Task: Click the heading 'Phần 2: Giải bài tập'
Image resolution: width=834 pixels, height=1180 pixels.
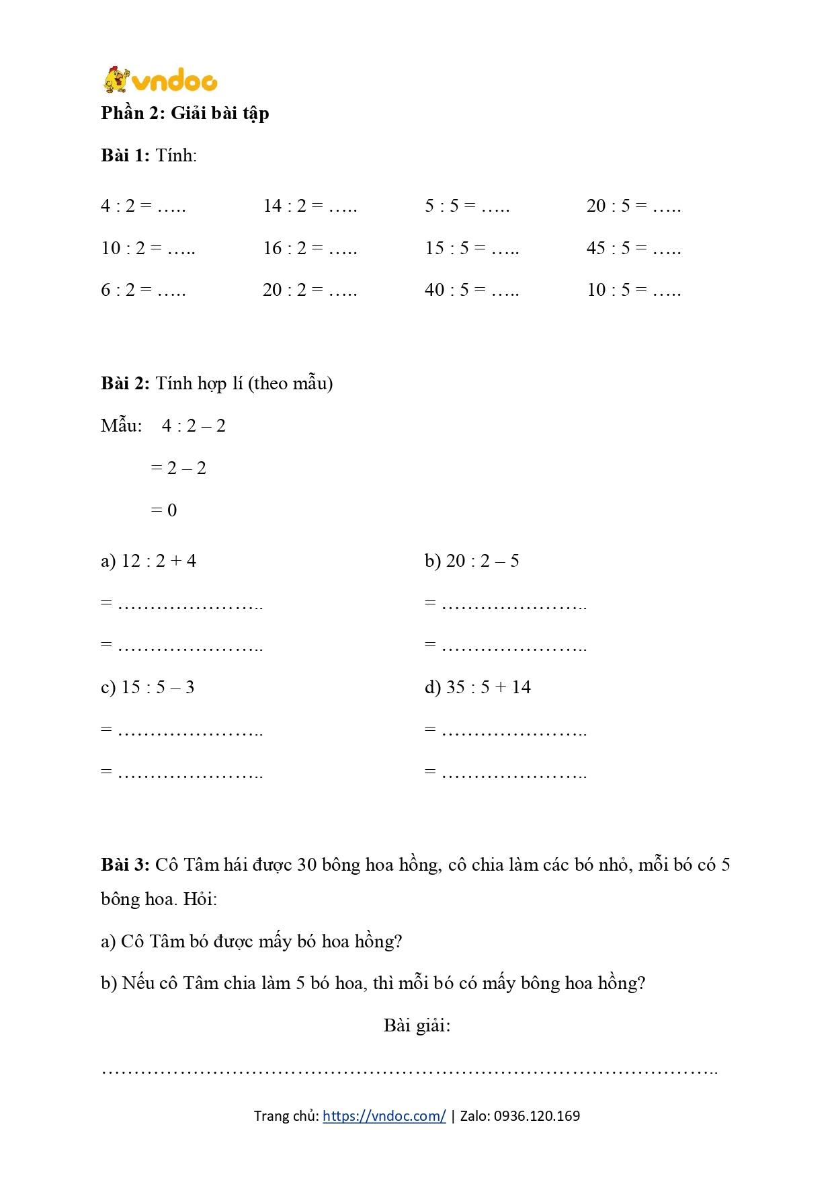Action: point(185,113)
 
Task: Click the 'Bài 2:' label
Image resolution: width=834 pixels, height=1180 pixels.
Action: point(125,383)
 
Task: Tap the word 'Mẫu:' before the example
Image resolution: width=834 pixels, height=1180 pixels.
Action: point(122,426)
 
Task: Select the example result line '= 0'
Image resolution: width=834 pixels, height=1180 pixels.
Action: point(164,510)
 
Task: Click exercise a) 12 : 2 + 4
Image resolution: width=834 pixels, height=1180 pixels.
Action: point(149,561)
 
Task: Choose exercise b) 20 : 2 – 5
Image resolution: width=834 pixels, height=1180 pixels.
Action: point(472,561)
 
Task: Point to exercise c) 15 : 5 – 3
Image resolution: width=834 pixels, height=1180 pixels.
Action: point(148,687)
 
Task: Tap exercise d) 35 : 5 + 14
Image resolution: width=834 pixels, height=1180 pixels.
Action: point(478,687)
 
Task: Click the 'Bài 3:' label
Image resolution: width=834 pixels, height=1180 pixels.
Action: point(125,865)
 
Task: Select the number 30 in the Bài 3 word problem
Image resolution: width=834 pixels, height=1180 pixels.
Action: point(306,865)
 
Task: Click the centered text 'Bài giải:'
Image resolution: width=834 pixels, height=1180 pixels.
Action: point(417,1025)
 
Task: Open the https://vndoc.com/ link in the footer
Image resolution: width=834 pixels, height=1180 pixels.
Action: point(384,1116)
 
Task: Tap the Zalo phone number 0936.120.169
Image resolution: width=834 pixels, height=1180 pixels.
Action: point(537,1116)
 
